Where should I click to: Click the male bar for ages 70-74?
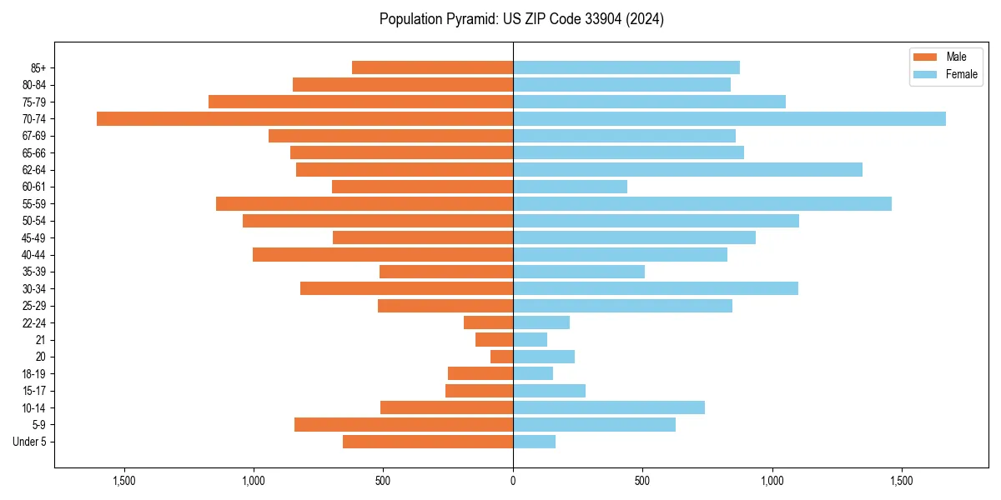(x=304, y=118)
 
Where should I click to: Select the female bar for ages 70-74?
(x=729, y=118)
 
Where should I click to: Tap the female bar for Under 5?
(x=534, y=442)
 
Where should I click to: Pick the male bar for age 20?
(x=501, y=357)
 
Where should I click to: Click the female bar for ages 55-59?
(x=702, y=203)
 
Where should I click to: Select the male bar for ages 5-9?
(x=404, y=424)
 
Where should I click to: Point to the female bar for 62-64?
(x=687, y=169)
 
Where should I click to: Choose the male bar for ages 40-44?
(x=383, y=254)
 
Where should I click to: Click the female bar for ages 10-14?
(x=608, y=407)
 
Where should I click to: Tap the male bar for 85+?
(x=432, y=67)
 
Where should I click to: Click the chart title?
(x=521, y=19)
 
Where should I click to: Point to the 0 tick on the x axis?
(x=513, y=481)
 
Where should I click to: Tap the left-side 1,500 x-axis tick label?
(x=123, y=481)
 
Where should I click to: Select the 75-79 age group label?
(x=34, y=102)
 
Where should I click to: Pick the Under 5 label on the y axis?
(x=30, y=442)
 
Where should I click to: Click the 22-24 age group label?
(x=34, y=322)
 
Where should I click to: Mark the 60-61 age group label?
(x=34, y=187)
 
